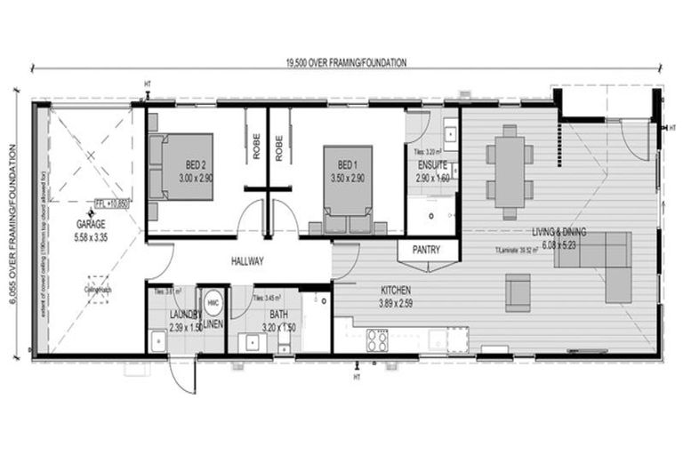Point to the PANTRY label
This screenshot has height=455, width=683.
[x=426, y=251]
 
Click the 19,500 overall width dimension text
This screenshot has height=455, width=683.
[x=346, y=63]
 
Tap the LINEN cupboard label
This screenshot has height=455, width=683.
[x=213, y=325]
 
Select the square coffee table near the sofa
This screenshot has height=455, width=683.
[x=519, y=289]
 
